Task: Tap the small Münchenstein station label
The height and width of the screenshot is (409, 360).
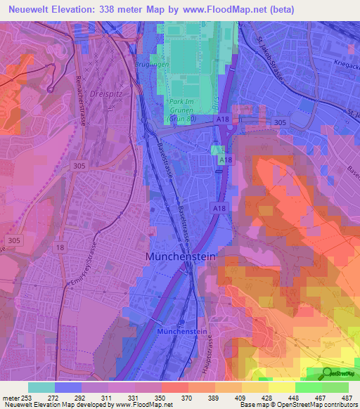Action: point(182,330)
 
